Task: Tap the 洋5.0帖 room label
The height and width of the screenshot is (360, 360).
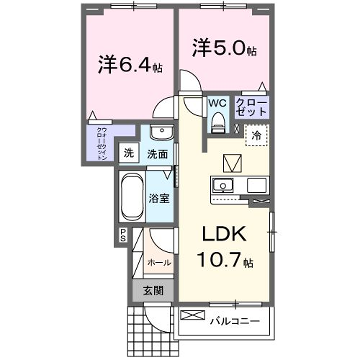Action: (x=224, y=46)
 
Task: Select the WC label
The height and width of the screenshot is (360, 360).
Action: (x=217, y=103)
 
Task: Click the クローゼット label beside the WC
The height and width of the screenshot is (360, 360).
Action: (x=250, y=108)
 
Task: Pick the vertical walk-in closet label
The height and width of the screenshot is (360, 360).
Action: (x=103, y=145)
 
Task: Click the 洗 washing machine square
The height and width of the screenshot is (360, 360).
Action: (x=129, y=153)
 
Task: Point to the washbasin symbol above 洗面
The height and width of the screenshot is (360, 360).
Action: (x=161, y=135)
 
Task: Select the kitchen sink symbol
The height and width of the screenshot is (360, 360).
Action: (x=222, y=186)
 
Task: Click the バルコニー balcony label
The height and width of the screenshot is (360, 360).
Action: (x=234, y=320)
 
